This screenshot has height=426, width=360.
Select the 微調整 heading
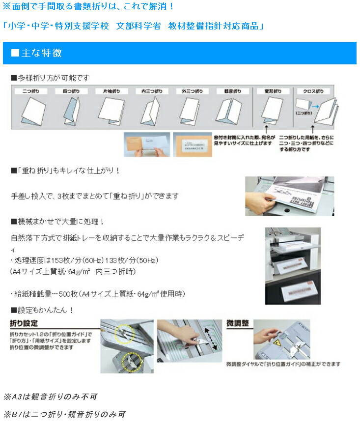point(238,324)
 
